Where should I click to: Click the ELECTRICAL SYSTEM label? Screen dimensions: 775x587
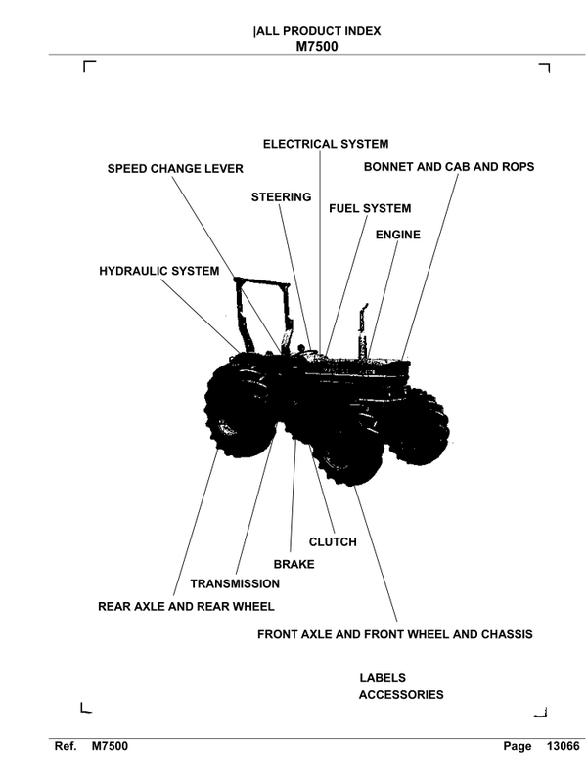[x=326, y=144]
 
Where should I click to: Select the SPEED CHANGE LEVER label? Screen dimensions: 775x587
[x=175, y=169]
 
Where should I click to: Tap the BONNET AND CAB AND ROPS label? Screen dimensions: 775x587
[x=449, y=167]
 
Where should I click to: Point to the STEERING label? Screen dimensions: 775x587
[x=281, y=197]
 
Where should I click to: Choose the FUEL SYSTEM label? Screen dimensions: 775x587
[x=370, y=208]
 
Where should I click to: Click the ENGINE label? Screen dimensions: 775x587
[x=398, y=235]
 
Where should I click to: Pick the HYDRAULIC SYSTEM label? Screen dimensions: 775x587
[x=159, y=271]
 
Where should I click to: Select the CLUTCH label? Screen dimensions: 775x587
[x=333, y=542]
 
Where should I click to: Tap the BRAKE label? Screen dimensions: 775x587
[x=293, y=564]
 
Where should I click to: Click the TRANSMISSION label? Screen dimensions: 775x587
[x=235, y=583]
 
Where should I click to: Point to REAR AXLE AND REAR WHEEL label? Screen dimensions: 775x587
[x=186, y=606]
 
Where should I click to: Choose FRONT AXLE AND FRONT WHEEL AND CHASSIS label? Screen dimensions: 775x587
[x=394, y=634]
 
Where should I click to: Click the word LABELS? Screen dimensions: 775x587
[x=383, y=677]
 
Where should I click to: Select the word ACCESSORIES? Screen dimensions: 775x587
[x=401, y=695]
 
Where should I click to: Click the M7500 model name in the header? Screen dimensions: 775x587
[x=316, y=45]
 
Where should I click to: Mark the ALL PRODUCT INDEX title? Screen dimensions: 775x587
[x=316, y=31]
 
